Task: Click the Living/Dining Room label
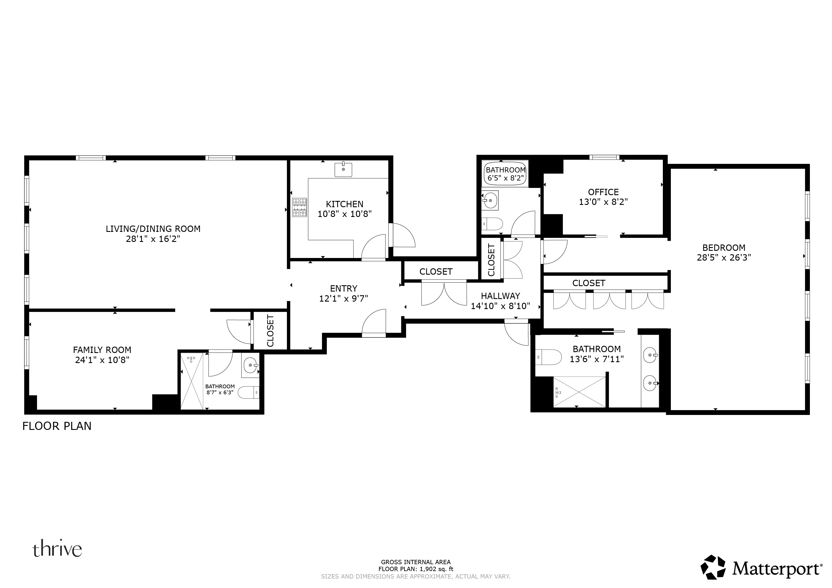pyautogui.click(x=153, y=229)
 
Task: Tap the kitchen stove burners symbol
pyautogui.click(x=299, y=207)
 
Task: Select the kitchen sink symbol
pyautogui.click(x=343, y=169)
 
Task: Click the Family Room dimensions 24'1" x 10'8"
pyautogui.click(x=102, y=360)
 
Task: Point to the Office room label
pyautogui.click(x=603, y=192)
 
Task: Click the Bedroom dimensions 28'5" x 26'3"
pyautogui.click(x=724, y=257)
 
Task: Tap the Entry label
pyautogui.click(x=343, y=289)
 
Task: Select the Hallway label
pyautogui.click(x=500, y=296)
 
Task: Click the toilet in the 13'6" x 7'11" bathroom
pyautogui.click(x=548, y=357)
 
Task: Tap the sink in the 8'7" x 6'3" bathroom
pyautogui.click(x=250, y=365)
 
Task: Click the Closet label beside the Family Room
pyautogui.click(x=270, y=331)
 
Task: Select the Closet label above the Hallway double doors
pyautogui.click(x=436, y=271)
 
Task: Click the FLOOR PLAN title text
pyautogui.click(x=57, y=426)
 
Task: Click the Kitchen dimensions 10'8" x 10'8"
pyautogui.click(x=344, y=214)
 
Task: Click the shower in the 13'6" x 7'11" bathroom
pyautogui.click(x=579, y=392)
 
